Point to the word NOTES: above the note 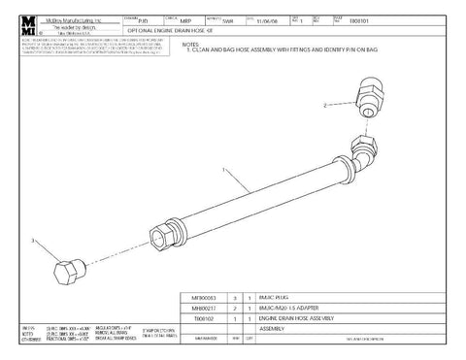pos(179,41)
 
